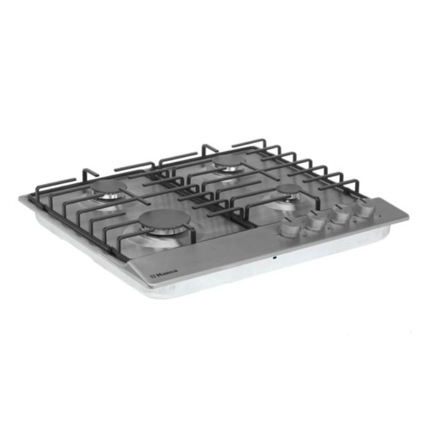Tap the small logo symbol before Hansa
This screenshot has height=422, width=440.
coord(153,276)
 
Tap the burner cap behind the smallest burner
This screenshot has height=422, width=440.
coord(229,161)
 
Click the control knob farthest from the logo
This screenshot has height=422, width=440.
coord(364,209)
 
